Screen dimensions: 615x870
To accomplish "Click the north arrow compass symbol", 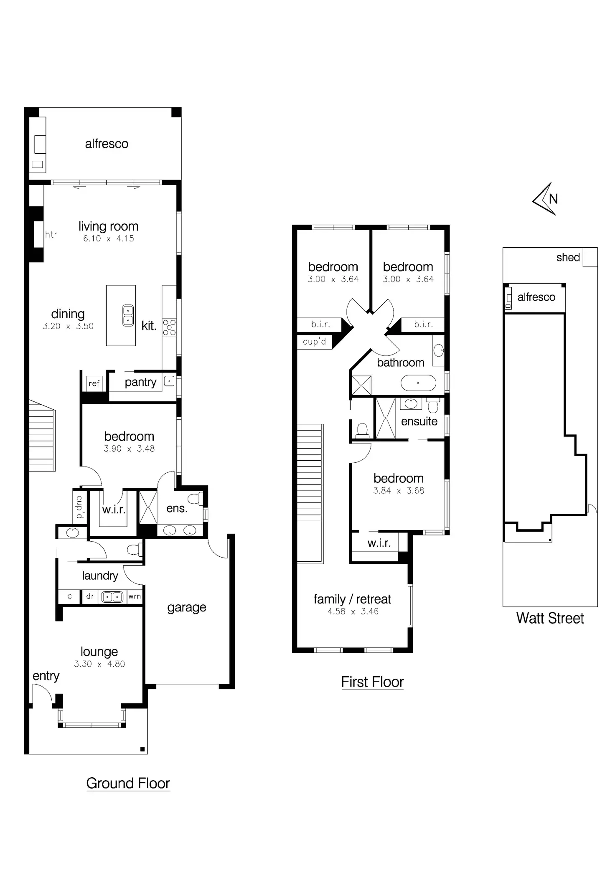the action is (x=546, y=199).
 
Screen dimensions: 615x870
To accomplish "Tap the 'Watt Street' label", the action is (x=550, y=618).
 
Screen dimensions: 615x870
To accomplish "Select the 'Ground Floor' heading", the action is (x=128, y=783).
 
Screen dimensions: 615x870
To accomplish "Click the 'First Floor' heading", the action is (x=372, y=682).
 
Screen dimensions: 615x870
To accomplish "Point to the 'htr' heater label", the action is (x=51, y=234).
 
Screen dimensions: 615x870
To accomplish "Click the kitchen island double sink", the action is (x=128, y=315).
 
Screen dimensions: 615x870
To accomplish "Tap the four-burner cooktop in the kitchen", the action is (x=169, y=327).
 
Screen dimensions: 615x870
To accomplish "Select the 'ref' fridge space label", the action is (x=94, y=383).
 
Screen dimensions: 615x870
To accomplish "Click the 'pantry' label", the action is (x=140, y=382).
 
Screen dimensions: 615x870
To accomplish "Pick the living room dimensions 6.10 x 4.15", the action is (x=109, y=238).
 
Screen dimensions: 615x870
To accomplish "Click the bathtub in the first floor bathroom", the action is (x=418, y=383).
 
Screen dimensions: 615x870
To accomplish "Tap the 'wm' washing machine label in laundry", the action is (x=135, y=596).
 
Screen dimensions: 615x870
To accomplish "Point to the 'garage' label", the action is (x=187, y=607).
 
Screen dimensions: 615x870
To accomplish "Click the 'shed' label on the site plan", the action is (x=568, y=257).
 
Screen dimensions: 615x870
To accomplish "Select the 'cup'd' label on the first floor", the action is (x=314, y=342).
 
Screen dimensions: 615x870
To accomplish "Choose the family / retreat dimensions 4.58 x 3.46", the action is (x=353, y=611).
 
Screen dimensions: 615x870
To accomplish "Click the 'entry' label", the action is (x=46, y=676).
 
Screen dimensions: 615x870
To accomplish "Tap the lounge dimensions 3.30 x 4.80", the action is (x=99, y=664).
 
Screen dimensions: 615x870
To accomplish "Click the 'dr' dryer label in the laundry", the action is (x=90, y=596).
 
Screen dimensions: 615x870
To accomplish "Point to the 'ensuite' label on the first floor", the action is (x=419, y=421).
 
